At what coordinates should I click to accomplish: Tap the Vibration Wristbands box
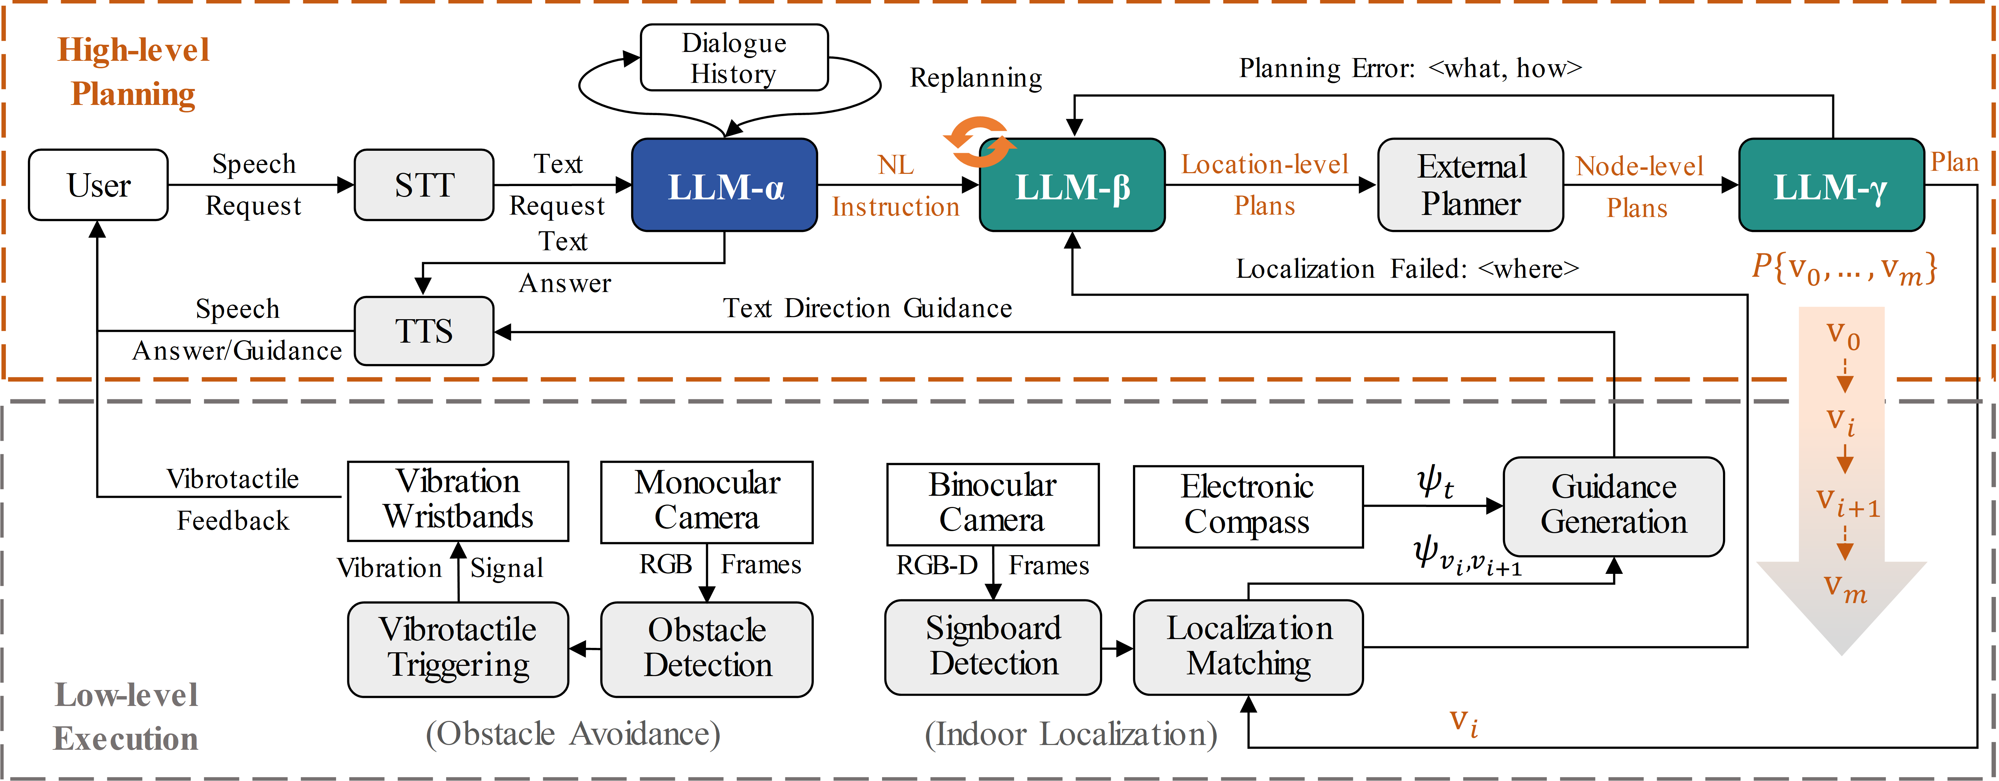pos(458,501)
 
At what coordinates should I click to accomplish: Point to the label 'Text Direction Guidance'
pos(867,308)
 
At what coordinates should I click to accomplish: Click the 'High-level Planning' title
pos(133,71)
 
